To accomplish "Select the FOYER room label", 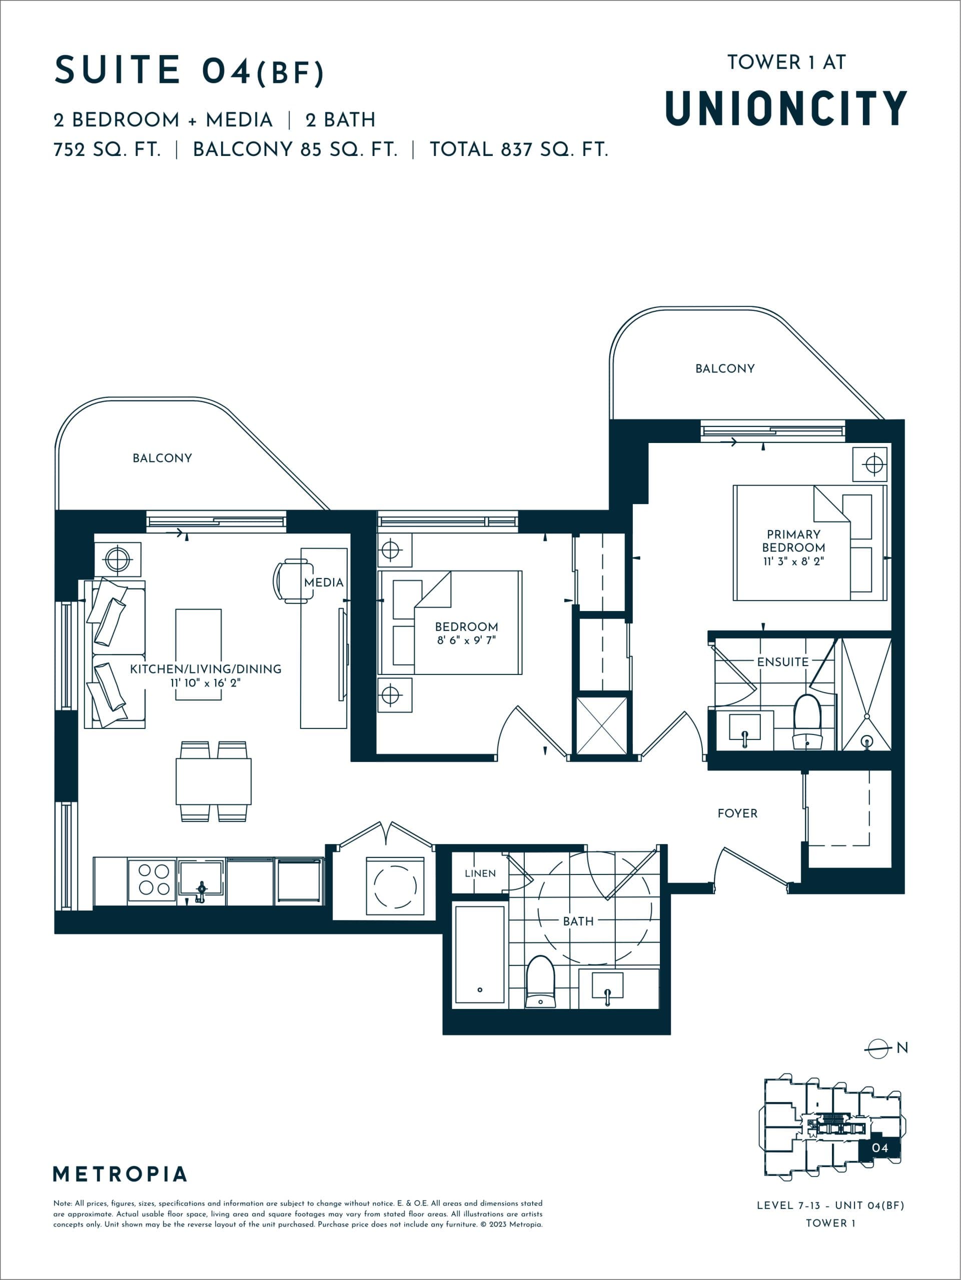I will tap(737, 813).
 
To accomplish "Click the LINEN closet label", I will tap(480, 873).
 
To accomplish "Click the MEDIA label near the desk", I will tap(324, 582).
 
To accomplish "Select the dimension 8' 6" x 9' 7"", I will tap(466, 640).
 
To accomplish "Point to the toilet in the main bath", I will tap(540, 982).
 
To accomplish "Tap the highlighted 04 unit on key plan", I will tap(879, 1147).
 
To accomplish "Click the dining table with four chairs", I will tap(214, 781).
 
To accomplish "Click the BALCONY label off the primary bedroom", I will tap(724, 368).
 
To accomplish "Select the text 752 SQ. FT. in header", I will tap(107, 149).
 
